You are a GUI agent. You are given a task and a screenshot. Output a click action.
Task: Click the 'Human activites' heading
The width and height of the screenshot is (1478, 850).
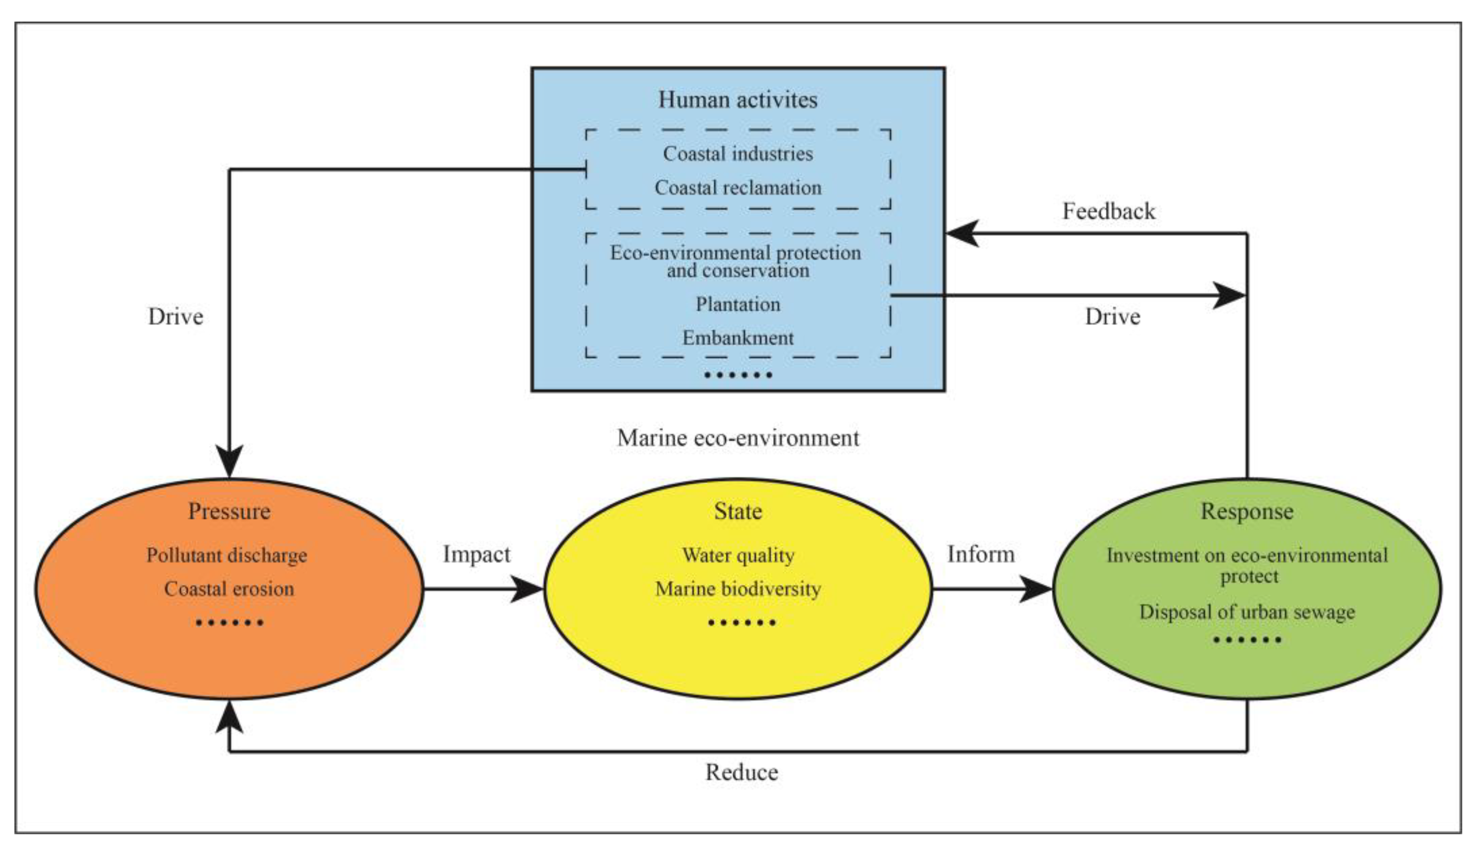737,100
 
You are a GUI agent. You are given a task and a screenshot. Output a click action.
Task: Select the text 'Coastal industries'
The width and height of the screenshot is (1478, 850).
737,154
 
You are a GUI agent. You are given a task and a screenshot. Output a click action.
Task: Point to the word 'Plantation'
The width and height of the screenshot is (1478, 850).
737,304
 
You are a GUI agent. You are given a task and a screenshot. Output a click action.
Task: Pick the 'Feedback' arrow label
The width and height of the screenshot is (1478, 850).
1108,211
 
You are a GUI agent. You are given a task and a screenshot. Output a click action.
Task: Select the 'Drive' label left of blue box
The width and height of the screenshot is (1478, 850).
175,317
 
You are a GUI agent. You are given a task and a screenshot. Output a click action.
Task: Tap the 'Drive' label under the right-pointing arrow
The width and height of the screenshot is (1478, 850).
1112,317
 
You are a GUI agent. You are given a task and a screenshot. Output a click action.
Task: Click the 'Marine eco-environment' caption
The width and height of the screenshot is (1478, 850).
737,438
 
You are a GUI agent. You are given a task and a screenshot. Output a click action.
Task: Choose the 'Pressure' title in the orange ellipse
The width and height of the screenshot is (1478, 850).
229,511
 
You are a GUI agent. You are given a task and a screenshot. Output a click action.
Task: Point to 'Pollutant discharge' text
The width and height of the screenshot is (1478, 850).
227,555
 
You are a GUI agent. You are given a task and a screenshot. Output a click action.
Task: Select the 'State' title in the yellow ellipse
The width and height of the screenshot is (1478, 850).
737,511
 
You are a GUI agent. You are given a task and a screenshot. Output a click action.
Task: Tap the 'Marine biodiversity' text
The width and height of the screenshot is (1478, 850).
737,589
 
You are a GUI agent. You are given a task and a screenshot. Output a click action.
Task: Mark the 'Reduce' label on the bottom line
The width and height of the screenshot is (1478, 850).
741,773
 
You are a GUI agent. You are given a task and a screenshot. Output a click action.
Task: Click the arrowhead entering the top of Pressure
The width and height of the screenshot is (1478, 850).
229,461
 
